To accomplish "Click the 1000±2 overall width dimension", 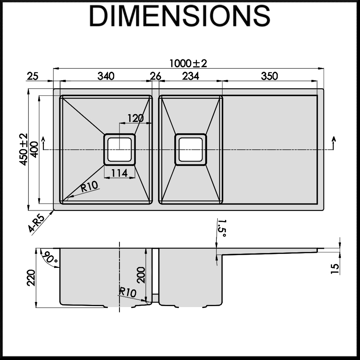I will click(x=189, y=63).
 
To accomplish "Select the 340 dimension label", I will click(x=106, y=76).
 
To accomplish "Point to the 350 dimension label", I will click(x=269, y=76).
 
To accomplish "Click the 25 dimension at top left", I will click(x=32, y=76).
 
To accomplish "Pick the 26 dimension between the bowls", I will click(x=156, y=76).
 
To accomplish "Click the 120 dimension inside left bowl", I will click(x=135, y=118).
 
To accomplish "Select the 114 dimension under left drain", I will click(x=119, y=173).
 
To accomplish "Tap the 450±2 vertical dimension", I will click(x=24, y=149).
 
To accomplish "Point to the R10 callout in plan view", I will click(x=89, y=186).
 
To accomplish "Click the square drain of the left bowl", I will click(x=120, y=149).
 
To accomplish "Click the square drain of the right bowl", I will click(x=190, y=149).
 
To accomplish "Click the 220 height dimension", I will click(x=31, y=278).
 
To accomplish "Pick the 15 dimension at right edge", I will click(x=334, y=268).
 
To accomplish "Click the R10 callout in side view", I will click(x=128, y=292).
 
